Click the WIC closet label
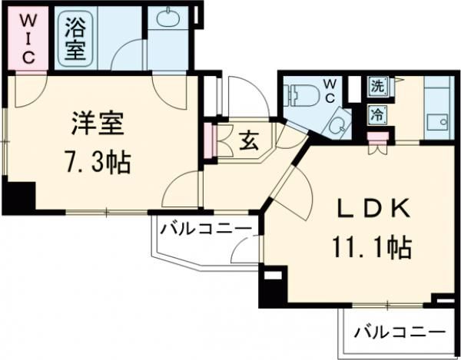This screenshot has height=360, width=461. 27,37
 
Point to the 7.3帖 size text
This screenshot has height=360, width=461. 98,161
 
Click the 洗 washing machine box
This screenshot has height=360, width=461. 377,87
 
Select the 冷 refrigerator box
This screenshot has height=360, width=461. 377,115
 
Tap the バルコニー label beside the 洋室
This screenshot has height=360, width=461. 205,229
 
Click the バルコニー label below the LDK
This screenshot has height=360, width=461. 400,332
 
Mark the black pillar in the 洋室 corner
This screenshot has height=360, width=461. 19,197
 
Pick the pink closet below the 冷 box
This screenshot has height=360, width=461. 376,137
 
